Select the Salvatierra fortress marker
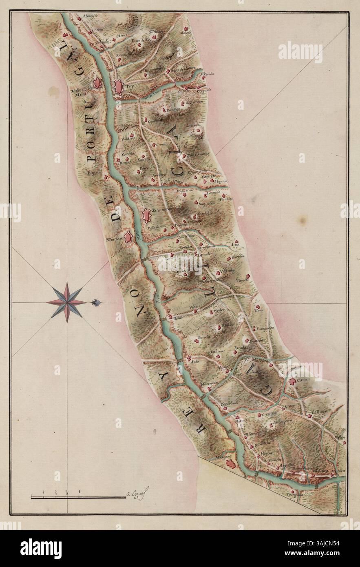click(146, 215)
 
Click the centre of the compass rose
click(66, 302)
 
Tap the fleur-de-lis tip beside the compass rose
click(97, 302)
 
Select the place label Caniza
click(304, 380)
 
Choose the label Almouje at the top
click(89, 16)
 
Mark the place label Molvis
click(186, 33)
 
